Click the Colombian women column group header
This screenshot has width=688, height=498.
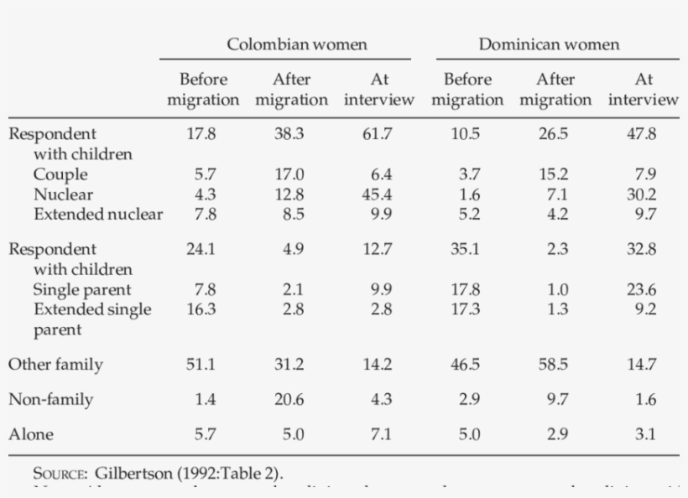pyautogui.click(x=297, y=44)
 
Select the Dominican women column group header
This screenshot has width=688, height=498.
pyautogui.click(x=549, y=44)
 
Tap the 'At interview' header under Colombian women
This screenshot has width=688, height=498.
pyautogui.click(x=378, y=90)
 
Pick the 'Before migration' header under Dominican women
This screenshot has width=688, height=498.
pyautogui.click(x=467, y=90)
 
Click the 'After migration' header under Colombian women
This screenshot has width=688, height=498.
pyautogui.click(x=291, y=90)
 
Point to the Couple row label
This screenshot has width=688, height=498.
pyautogui.click(x=60, y=174)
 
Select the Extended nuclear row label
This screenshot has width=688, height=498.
pyautogui.click(x=98, y=214)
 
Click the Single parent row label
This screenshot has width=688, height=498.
pyautogui.click(x=82, y=289)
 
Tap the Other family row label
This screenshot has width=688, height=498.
pyautogui.click(x=55, y=365)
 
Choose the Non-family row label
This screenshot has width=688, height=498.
pyautogui.click(x=50, y=400)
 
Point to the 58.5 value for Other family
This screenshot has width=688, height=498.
pyautogui.click(x=555, y=365)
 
